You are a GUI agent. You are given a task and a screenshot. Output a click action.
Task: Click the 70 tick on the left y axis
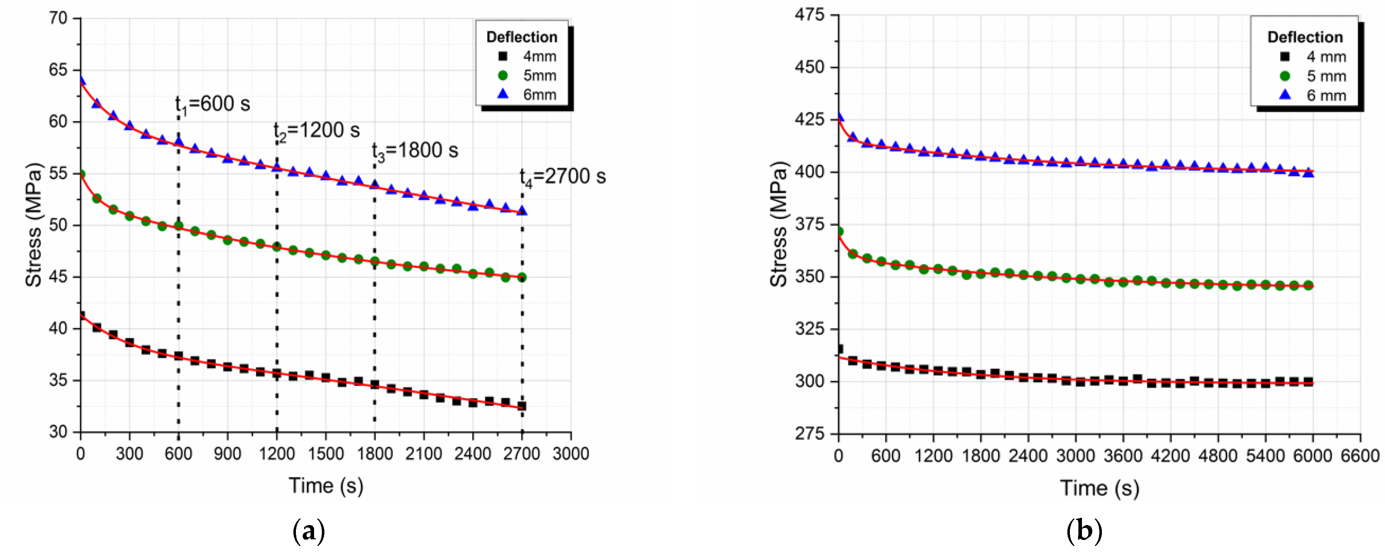click(58, 18)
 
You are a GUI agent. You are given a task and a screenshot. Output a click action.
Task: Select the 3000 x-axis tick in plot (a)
click(571, 454)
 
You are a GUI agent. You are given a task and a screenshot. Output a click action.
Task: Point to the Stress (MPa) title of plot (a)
click(33, 225)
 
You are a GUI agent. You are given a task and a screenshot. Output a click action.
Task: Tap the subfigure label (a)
click(309, 531)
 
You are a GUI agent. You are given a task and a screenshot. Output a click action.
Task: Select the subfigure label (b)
click(1084, 531)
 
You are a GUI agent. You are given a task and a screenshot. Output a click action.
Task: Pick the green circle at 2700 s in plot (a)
click(521, 278)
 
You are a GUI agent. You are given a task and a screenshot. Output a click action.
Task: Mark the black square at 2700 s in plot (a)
click(521, 406)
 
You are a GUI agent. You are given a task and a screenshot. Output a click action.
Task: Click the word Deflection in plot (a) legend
click(521, 37)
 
